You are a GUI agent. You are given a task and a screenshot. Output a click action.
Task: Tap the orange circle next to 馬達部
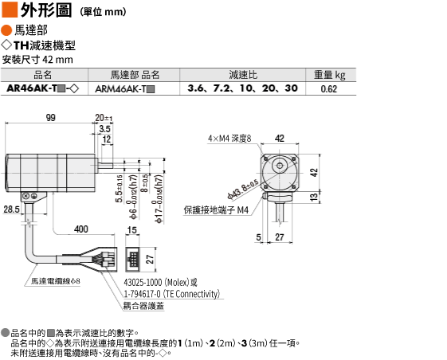(6, 30)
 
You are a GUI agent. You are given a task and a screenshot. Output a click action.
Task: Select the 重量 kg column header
(330, 75)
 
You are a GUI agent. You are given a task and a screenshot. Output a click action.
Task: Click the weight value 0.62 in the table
(329, 89)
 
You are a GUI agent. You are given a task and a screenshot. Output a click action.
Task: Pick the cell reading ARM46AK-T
(125, 89)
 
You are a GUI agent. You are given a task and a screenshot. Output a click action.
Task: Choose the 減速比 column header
(243, 75)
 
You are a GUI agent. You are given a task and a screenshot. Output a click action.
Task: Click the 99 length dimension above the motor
(51, 117)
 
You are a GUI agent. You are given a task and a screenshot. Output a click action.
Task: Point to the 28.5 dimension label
(12, 209)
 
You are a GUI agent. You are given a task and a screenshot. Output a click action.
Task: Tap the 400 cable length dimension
(81, 229)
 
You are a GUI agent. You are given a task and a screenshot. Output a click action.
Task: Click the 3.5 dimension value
(104, 129)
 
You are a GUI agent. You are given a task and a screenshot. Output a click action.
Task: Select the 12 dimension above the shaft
(107, 139)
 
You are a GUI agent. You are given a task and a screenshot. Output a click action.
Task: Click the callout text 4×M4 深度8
(229, 139)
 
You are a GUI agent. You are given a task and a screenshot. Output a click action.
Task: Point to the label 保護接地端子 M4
(216, 210)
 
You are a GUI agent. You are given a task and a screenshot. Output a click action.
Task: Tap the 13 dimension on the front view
(314, 197)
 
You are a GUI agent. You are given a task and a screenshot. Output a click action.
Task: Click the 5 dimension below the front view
(258, 237)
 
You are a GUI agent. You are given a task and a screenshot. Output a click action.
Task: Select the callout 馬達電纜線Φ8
(56, 281)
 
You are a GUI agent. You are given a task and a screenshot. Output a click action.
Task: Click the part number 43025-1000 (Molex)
(160, 283)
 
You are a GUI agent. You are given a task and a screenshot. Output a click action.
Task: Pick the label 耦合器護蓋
(143, 306)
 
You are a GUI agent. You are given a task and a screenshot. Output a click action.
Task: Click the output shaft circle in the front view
(280, 166)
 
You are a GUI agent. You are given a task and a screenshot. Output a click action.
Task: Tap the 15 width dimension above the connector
(132, 229)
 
